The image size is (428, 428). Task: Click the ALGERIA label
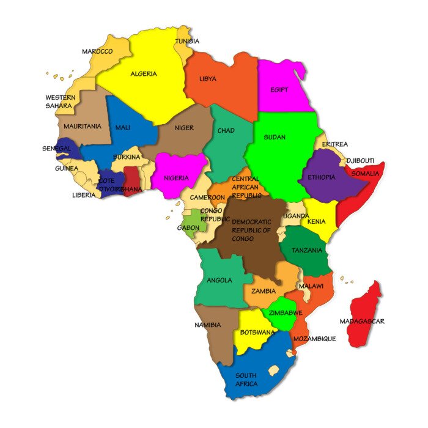coord(144,74)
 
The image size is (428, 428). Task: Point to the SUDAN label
coord(275,137)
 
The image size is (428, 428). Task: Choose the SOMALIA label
coord(366,174)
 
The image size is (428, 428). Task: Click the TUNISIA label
coord(187,41)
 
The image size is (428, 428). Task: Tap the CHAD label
coord(226,131)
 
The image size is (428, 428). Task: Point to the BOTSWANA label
coord(257,333)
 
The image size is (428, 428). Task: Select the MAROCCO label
coord(97,51)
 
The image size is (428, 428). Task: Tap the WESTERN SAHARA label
coord(59,101)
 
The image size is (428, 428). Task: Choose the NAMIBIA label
coord(208,325)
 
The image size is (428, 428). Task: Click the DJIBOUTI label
coord(360,161)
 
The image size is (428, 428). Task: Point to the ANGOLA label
coord(220,280)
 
